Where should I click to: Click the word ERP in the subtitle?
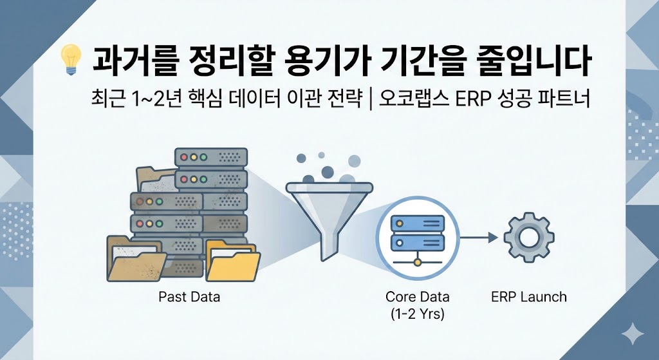(452, 100)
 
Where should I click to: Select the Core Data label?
(417, 298)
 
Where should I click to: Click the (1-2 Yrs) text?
(417, 314)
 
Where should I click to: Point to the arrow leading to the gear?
(479, 238)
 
